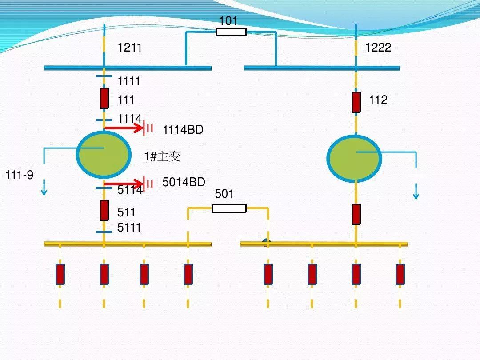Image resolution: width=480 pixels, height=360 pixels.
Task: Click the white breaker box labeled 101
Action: pos(231,32)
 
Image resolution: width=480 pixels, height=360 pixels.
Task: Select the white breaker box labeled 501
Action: pos(229,208)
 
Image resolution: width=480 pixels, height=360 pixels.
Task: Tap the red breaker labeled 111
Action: pos(104,98)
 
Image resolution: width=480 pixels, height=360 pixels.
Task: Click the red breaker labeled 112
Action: pos(356,102)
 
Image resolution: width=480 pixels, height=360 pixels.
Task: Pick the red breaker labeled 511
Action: pos(104,210)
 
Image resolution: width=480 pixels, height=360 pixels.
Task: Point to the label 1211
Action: pos(129,48)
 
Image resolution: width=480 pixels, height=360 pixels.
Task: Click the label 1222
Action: pos(378,48)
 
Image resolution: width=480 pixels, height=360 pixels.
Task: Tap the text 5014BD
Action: pos(184,182)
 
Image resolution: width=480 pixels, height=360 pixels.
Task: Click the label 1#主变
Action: pos(162,156)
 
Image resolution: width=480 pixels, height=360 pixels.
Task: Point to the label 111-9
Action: pos(19,176)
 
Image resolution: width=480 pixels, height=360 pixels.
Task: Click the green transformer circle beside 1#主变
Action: pos(104,155)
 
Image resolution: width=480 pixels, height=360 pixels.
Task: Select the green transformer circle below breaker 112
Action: pos(354,158)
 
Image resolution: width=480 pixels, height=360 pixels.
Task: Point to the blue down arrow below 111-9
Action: pos(44,189)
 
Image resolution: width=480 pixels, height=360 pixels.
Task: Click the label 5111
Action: pos(129,228)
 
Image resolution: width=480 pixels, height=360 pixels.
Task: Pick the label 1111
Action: pos(129,81)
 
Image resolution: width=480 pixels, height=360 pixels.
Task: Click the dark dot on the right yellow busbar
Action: pos(266,242)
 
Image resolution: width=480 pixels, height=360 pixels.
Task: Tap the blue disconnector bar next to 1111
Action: pos(104,76)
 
